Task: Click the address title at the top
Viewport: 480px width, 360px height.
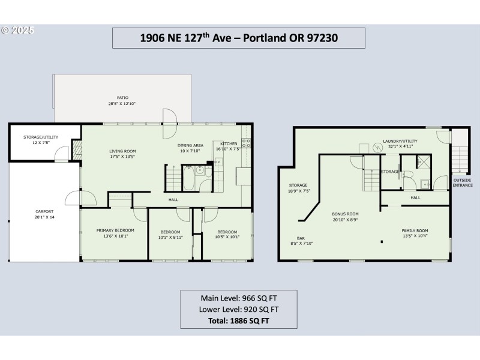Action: (x=239, y=38)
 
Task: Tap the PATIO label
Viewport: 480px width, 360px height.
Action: (x=122, y=98)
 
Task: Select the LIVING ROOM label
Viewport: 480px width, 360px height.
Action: (x=122, y=151)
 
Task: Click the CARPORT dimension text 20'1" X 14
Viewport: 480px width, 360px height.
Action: (x=44, y=217)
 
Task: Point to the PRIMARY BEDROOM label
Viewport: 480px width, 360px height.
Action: (x=115, y=230)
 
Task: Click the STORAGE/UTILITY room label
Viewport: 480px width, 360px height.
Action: (x=41, y=137)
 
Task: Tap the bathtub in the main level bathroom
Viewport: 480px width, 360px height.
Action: (x=188, y=178)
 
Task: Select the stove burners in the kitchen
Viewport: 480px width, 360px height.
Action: (x=246, y=143)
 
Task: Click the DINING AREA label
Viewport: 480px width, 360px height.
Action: (x=190, y=145)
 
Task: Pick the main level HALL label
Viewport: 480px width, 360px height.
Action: (x=173, y=200)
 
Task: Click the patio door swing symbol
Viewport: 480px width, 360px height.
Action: (x=170, y=124)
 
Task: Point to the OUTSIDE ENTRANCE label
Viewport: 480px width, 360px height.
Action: (x=463, y=183)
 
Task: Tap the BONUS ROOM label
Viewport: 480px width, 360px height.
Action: (x=346, y=214)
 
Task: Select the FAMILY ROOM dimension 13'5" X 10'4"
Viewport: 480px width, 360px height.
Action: (x=415, y=236)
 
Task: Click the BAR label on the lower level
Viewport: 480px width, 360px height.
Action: (x=301, y=238)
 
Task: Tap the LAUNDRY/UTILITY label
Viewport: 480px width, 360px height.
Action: (x=400, y=141)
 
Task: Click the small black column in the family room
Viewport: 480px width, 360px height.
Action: (x=382, y=242)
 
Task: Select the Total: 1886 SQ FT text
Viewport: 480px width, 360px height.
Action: (x=239, y=321)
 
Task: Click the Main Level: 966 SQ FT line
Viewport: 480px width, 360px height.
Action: (x=239, y=298)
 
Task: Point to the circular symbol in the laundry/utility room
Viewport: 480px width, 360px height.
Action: (x=378, y=148)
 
